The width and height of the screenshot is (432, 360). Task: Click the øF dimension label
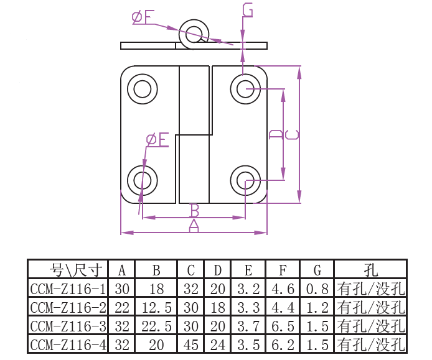[x=142, y=17]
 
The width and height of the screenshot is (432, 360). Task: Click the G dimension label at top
[x=247, y=11]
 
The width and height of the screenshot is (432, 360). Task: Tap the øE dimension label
[x=157, y=140]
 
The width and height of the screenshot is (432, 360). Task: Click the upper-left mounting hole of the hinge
[x=143, y=90]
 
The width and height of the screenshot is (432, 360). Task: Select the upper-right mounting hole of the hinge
[x=245, y=89]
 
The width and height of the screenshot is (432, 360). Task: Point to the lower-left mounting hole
[x=142, y=180]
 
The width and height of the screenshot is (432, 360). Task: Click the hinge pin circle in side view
[x=195, y=33]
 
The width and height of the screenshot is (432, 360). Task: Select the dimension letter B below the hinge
[x=194, y=210]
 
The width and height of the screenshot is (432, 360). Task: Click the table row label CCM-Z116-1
[x=68, y=288]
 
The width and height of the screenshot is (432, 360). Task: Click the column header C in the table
[x=191, y=270]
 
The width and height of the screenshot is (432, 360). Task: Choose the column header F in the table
[x=283, y=270]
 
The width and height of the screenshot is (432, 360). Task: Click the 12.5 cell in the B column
[x=156, y=307]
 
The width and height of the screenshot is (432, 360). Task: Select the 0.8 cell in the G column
[x=317, y=288]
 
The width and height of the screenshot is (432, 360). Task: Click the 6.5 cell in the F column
[x=283, y=326]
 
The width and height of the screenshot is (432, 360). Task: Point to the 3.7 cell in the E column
[x=248, y=326]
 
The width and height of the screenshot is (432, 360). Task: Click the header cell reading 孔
[x=371, y=270]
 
